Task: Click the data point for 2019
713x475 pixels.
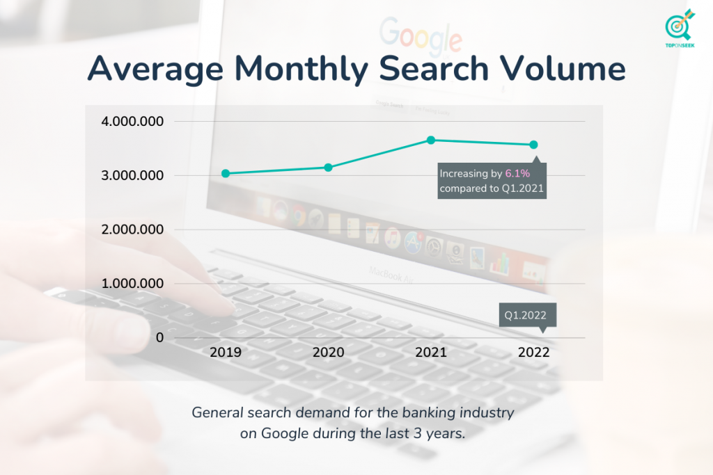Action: [226, 173]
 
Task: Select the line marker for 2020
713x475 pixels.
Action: [328, 168]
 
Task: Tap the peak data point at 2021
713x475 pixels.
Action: [431, 140]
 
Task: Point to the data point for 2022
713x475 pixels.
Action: [533, 145]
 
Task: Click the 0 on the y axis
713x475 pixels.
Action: [159, 337]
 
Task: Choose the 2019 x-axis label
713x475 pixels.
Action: [226, 353]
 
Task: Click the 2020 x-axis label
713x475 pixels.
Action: [328, 353]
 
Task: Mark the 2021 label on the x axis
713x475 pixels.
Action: [431, 353]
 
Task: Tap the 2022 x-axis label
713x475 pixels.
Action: [533, 353]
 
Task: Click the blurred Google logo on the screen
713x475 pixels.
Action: [420, 35]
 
